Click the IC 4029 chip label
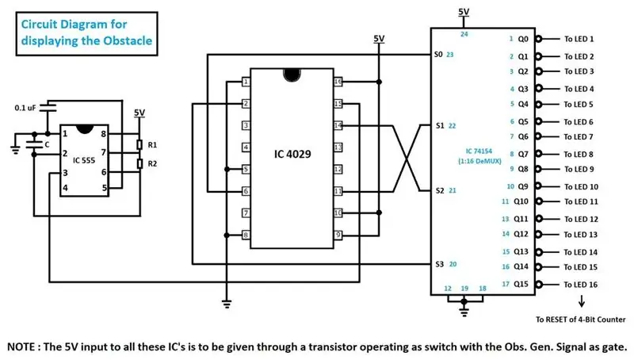[292, 154]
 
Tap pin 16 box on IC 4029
[338, 82]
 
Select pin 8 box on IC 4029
[246, 235]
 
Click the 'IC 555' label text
[84, 161]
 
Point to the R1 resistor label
[152, 145]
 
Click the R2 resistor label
[152, 164]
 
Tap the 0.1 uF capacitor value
[25, 108]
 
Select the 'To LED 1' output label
[579, 39]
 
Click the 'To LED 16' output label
[581, 285]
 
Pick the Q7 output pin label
[523, 154]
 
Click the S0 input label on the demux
[438, 54]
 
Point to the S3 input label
[440, 264]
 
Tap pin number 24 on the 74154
[464, 34]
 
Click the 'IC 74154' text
[479, 151]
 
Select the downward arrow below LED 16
[582, 301]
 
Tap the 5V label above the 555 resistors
[139, 113]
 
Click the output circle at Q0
[539, 39]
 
